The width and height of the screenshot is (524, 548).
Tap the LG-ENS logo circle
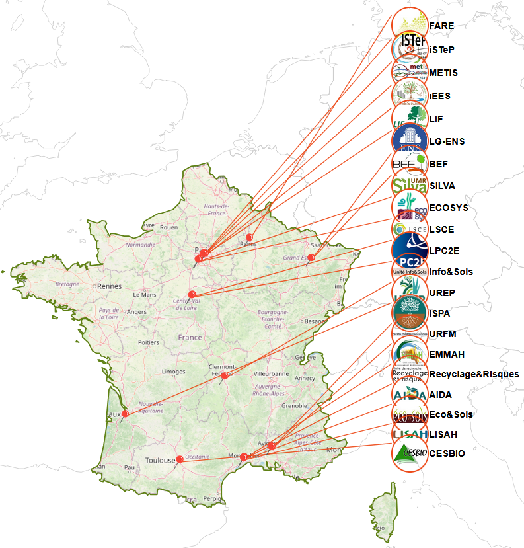pyautogui.click(x=410, y=141)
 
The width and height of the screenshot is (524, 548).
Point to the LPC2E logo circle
pyautogui.click(x=410, y=250)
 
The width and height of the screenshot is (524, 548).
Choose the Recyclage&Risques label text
pyautogui.click(x=474, y=374)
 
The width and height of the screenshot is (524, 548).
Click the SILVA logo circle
pyautogui.click(x=410, y=186)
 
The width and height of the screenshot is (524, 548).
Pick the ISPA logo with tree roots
pyautogui.click(x=410, y=313)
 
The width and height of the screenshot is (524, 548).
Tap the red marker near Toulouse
pyautogui.click(x=180, y=459)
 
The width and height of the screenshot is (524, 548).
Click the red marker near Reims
pyautogui.click(x=249, y=237)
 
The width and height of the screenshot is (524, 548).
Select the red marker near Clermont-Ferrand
pyautogui.click(x=225, y=375)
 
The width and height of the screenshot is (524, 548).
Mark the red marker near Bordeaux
pyautogui.click(x=124, y=414)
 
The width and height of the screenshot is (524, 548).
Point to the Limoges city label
pyautogui.click(x=173, y=372)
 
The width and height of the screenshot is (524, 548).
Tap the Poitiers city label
pyautogui.click(x=149, y=342)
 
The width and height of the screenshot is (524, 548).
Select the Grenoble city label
pyautogui.click(x=295, y=405)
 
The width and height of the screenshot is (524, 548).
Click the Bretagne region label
pyautogui.click(x=67, y=284)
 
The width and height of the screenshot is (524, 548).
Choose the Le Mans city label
pyautogui.click(x=144, y=294)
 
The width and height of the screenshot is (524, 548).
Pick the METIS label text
pyautogui.click(x=443, y=73)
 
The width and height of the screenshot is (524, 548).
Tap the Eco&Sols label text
pyautogui.click(x=451, y=414)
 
